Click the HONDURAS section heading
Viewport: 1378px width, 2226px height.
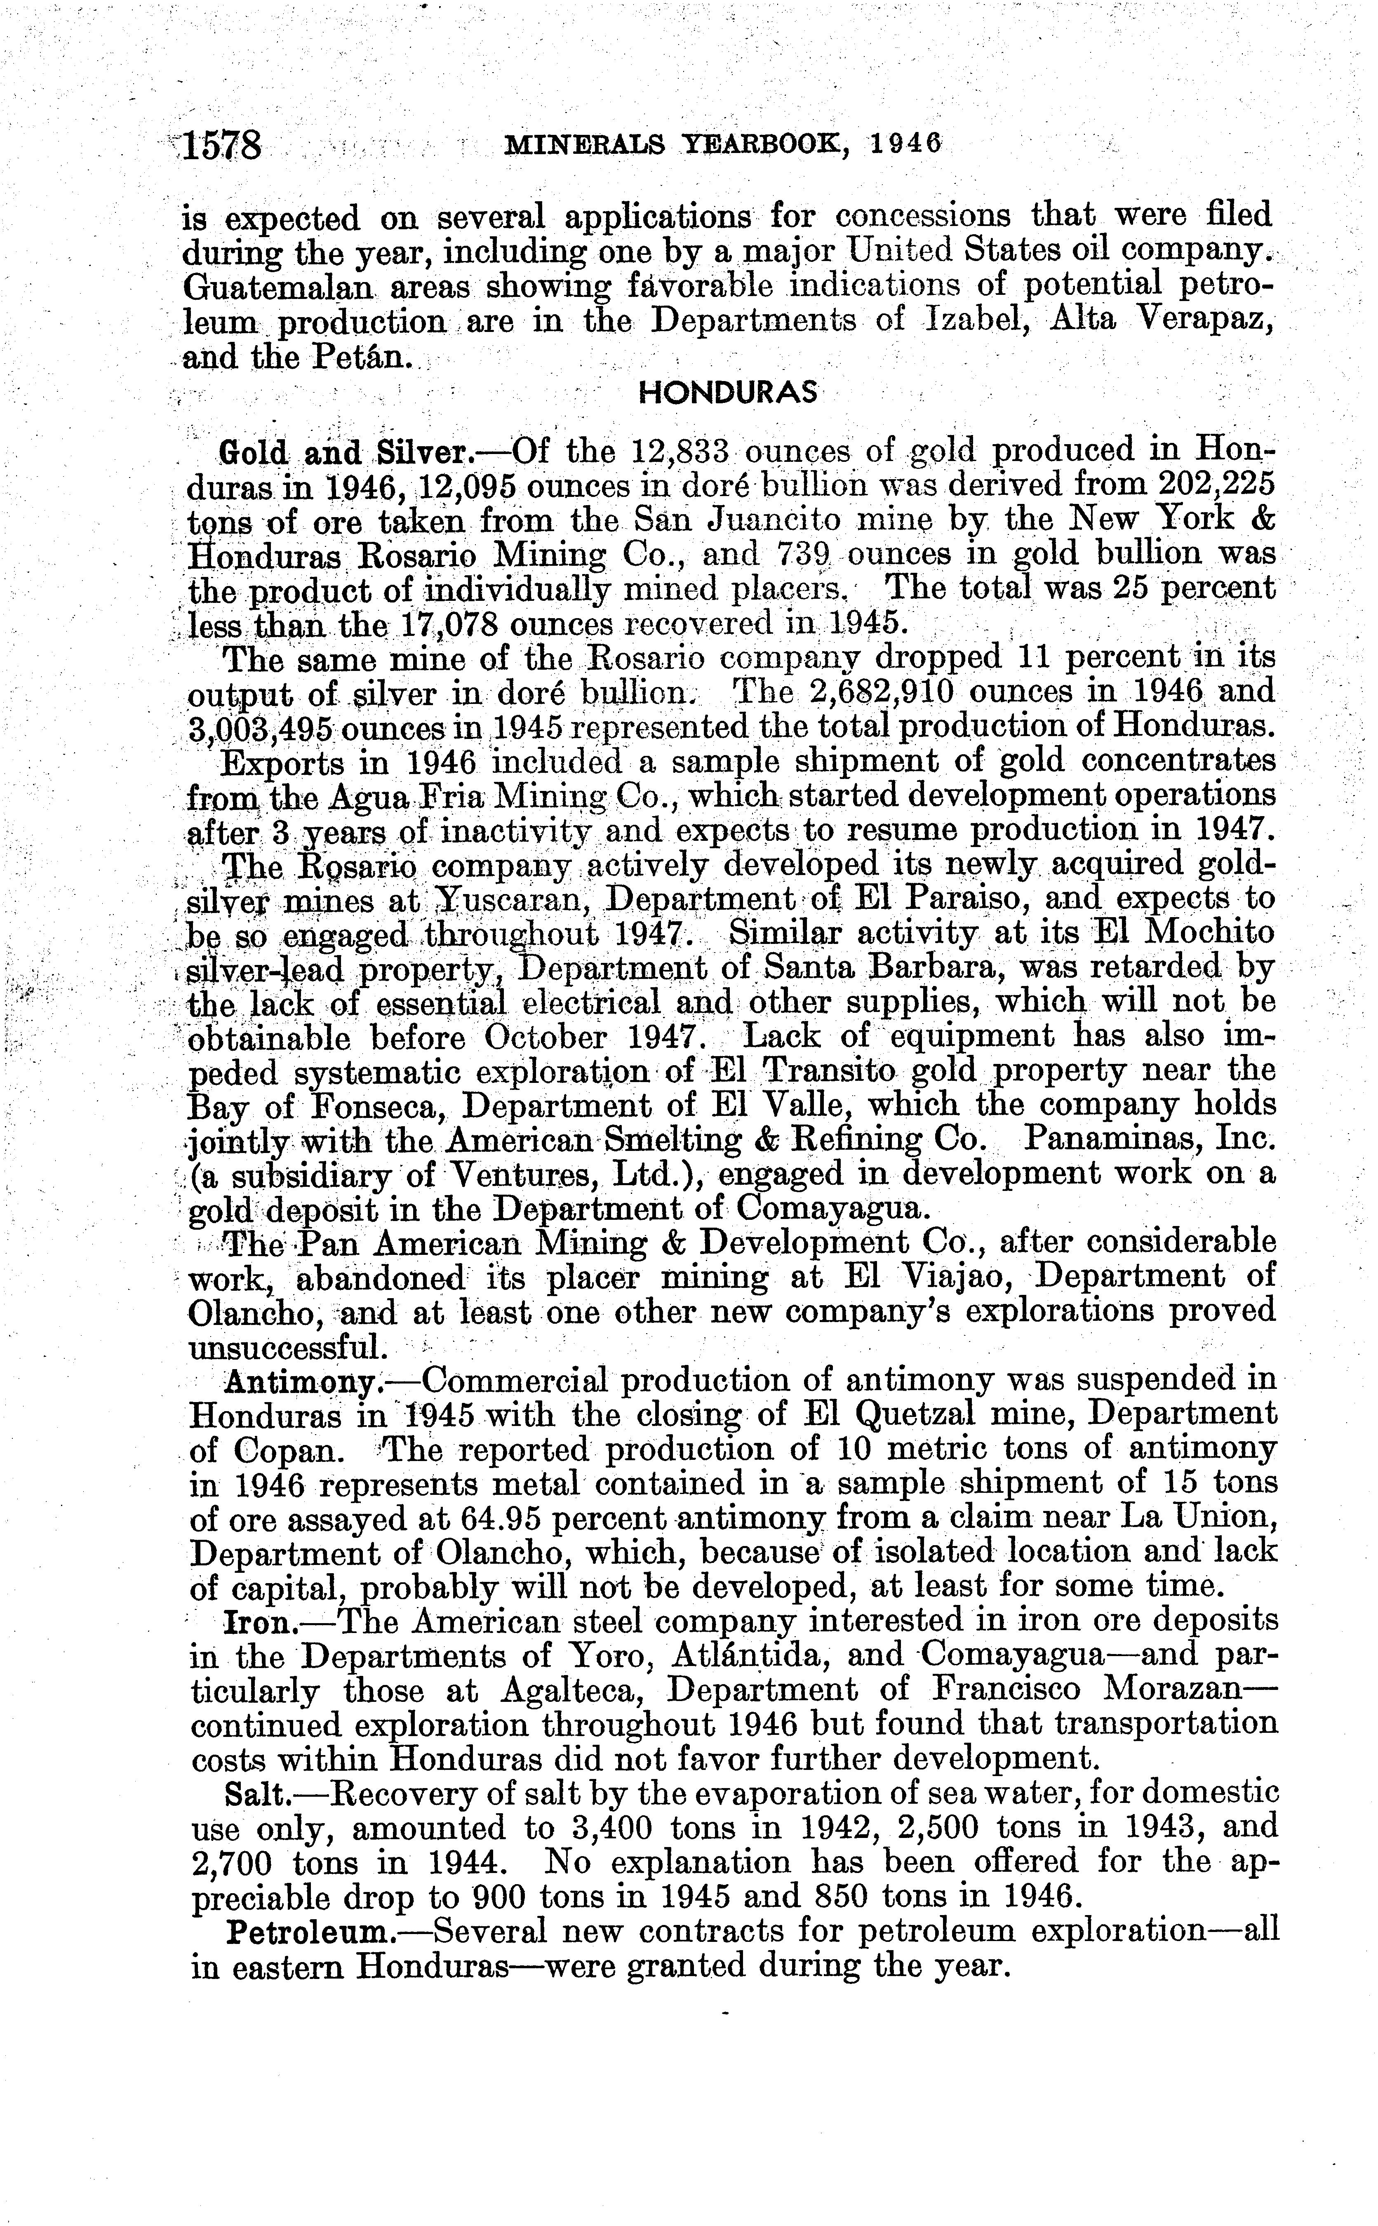tap(727, 393)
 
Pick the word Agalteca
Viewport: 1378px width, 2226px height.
tap(572, 1691)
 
